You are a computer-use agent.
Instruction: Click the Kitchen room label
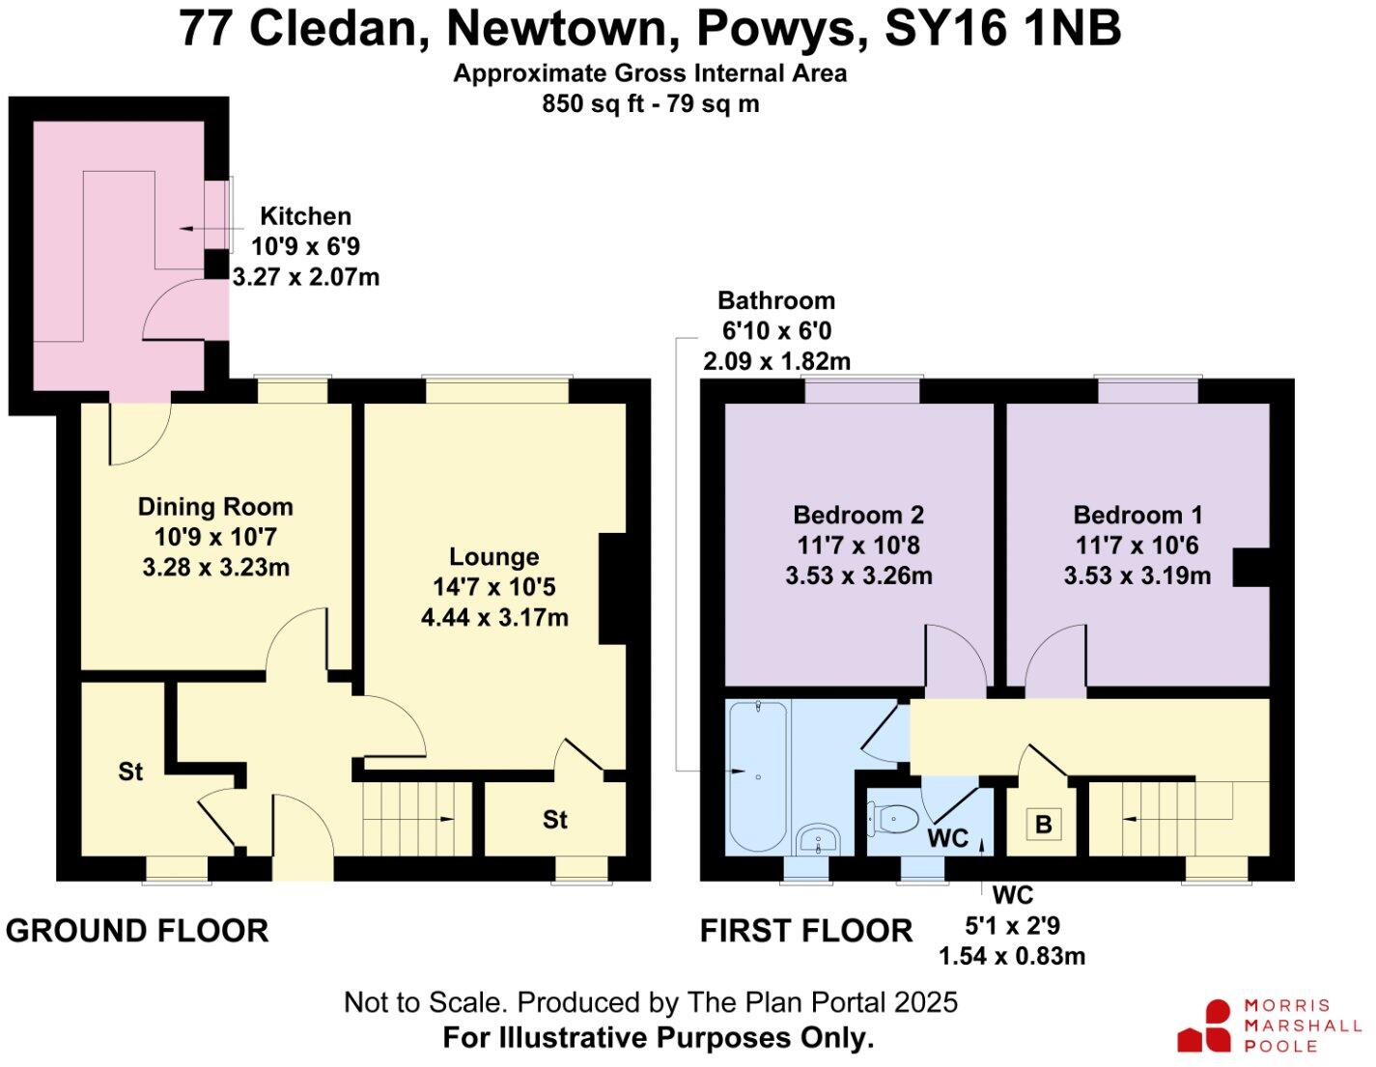(305, 216)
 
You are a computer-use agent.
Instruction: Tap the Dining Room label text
(214, 507)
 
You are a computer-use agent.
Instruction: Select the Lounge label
(493, 557)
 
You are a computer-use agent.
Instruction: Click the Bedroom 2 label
(858, 515)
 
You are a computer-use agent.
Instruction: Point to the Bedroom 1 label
(1137, 515)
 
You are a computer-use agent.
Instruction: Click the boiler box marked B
(1043, 826)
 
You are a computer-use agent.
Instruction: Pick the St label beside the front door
(130, 772)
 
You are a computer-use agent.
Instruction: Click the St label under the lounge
(554, 820)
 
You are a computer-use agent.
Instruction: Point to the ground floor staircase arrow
(446, 819)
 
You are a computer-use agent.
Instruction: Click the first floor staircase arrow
(1130, 819)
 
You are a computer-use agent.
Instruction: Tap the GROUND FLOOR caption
(136, 931)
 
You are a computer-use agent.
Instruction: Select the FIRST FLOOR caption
(805, 931)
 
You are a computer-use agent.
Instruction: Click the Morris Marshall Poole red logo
(1205, 1027)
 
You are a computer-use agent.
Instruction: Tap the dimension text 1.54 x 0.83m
(1012, 956)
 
